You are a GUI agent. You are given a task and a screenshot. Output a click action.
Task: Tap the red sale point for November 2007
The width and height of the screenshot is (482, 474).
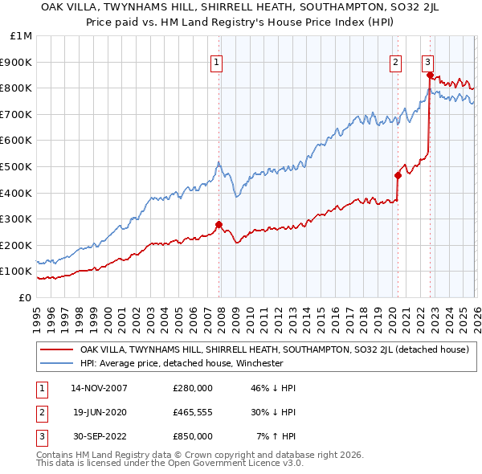pos(219,224)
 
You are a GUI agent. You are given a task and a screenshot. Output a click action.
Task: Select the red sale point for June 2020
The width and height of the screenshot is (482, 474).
pos(398,175)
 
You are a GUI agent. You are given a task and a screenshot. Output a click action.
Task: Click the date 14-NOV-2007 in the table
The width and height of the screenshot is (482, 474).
pos(100,388)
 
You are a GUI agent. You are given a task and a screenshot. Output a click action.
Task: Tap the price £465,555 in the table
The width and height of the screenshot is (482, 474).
pos(192,412)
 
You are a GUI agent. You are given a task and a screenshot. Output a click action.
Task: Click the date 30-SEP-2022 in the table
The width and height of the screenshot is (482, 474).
pos(100,436)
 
